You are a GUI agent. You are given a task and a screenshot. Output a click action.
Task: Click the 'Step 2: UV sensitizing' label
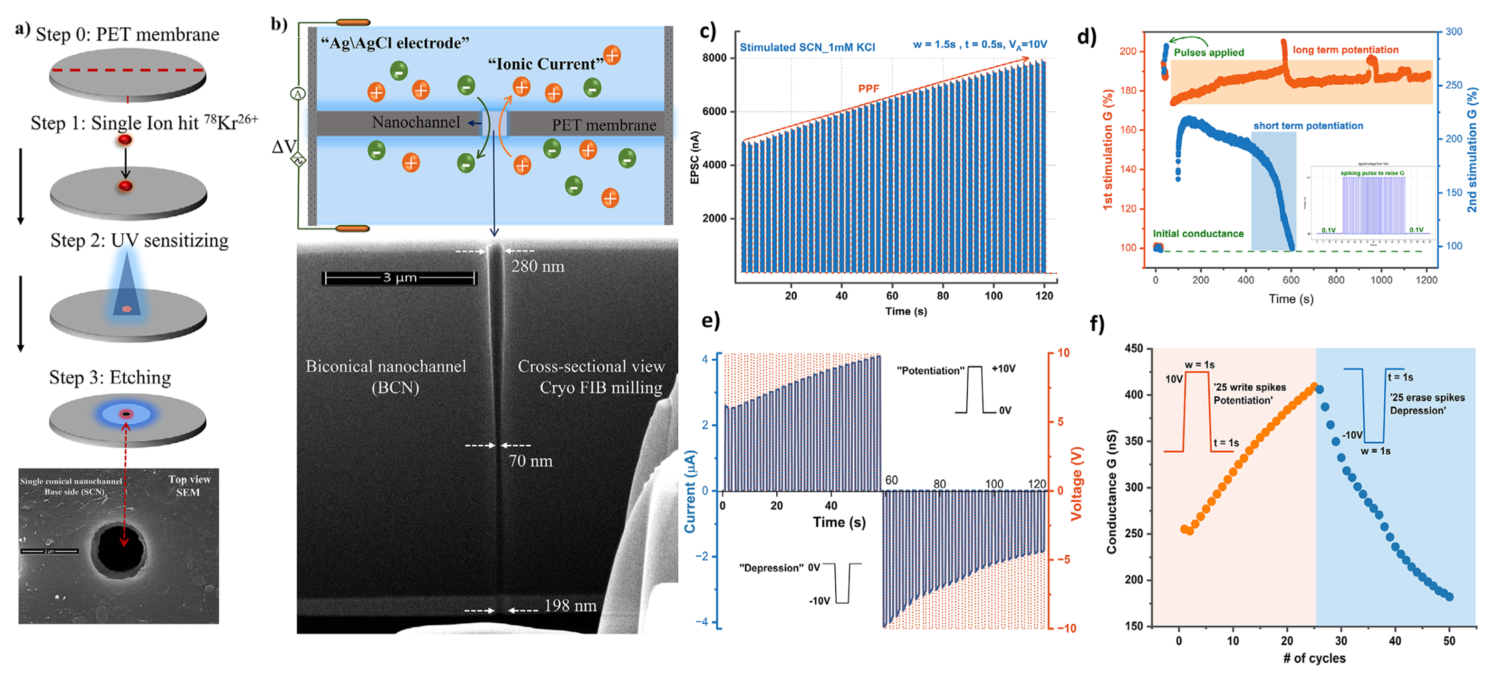click(x=139, y=241)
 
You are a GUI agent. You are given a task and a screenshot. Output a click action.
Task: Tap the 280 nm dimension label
click(x=537, y=267)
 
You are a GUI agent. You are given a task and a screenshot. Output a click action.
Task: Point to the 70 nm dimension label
click(x=531, y=461)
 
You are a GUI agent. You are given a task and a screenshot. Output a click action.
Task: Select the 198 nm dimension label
click(x=570, y=605)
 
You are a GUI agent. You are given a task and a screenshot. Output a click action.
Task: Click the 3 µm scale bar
click(x=399, y=278)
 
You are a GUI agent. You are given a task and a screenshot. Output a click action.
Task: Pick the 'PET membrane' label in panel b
click(x=603, y=125)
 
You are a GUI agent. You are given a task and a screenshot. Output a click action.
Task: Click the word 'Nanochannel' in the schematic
click(x=415, y=123)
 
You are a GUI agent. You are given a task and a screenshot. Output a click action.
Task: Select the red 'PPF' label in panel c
click(x=868, y=89)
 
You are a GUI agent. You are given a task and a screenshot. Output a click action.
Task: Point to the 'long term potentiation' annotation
click(x=1345, y=50)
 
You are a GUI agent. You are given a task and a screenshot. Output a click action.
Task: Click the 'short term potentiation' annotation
click(x=1308, y=126)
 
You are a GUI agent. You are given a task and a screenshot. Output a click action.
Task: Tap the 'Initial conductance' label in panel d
click(x=1198, y=234)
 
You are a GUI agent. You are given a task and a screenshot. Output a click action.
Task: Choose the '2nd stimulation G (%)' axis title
click(x=1472, y=150)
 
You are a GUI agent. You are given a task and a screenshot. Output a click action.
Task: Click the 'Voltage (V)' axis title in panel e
click(x=1076, y=483)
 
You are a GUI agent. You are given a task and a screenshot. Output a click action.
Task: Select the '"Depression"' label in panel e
click(x=771, y=568)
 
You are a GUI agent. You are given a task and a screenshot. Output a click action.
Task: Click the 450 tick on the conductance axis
click(x=1134, y=349)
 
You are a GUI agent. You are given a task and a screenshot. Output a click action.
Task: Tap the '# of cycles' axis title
click(x=1314, y=659)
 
